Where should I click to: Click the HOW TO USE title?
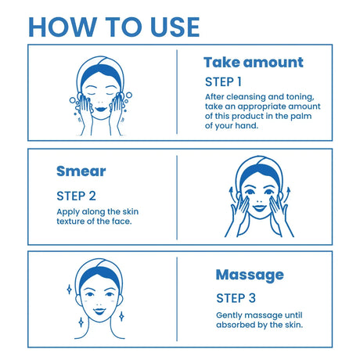(114, 27)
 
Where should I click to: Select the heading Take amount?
(254, 63)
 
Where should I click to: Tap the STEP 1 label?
(223, 82)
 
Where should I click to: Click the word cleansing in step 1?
(246, 97)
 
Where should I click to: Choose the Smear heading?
(81, 171)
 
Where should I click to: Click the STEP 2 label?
(76, 196)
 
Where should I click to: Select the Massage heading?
(250, 275)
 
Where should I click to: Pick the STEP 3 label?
(236, 298)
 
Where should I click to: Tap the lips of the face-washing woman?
(101, 109)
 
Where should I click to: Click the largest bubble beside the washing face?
(128, 95)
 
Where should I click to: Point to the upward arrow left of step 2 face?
(232, 194)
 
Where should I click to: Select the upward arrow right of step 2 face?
(287, 194)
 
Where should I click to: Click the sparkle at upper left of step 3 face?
(70, 290)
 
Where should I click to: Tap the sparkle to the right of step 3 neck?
(121, 316)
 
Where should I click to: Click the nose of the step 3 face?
(99, 304)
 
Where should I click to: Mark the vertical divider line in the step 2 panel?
(177, 197)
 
